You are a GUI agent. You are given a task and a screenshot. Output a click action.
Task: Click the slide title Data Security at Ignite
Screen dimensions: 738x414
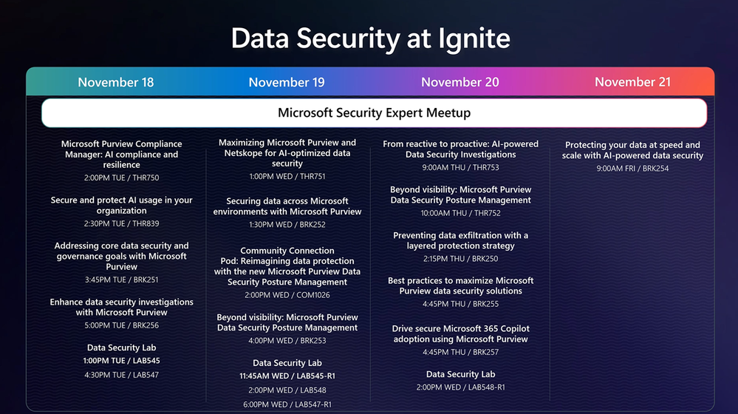coord(370,38)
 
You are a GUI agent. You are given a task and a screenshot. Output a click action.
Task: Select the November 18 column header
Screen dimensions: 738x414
coord(116,82)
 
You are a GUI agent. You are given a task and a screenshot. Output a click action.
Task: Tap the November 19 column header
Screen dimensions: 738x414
coord(287,82)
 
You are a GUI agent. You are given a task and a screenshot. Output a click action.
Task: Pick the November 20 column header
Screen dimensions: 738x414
coord(459,82)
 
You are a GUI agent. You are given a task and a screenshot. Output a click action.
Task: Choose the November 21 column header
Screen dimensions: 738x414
coord(632,82)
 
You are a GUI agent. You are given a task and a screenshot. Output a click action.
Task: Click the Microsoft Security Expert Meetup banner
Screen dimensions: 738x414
coord(375,113)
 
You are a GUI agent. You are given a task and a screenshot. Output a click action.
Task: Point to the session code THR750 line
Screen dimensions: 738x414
coord(121,177)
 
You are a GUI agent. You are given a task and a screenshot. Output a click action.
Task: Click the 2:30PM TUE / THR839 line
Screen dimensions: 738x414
coord(121,223)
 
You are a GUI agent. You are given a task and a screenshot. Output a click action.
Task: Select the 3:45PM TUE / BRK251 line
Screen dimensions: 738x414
coord(121,279)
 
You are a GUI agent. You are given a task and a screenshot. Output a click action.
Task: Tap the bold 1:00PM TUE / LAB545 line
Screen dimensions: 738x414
coord(121,360)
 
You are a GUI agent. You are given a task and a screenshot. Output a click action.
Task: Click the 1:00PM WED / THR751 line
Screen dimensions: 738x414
coord(287,176)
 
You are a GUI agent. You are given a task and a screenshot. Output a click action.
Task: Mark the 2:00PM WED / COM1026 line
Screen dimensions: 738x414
coord(287,295)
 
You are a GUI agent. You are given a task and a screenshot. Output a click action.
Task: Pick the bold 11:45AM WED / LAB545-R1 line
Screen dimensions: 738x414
coord(287,376)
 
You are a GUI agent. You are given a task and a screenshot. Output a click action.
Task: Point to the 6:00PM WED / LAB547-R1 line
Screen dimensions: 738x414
coord(287,404)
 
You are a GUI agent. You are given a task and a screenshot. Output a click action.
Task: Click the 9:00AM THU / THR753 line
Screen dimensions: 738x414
coord(460,167)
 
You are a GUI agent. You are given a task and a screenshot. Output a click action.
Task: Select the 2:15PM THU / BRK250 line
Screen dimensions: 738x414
coord(460,259)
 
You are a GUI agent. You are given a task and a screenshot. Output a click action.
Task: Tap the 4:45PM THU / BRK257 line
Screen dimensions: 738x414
coord(460,352)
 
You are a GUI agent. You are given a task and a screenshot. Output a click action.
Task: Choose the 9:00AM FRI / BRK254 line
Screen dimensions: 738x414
coord(632,168)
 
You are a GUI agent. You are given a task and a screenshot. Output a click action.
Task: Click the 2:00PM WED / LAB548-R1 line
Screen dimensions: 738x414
coord(460,387)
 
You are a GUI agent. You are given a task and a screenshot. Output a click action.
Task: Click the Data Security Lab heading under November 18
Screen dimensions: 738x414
coord(121,347)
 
